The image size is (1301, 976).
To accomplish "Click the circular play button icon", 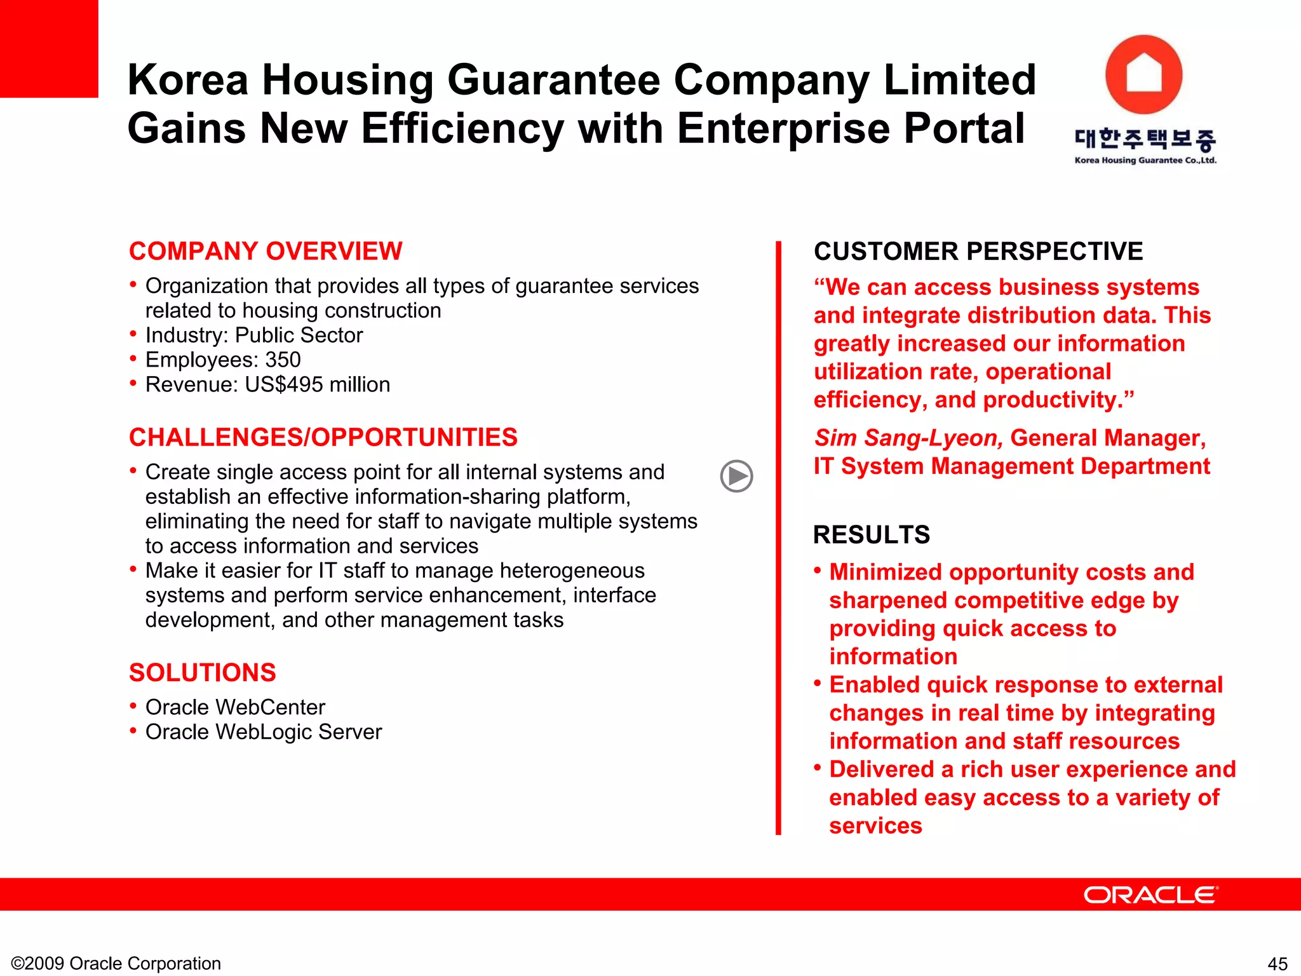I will [x=736, y=476].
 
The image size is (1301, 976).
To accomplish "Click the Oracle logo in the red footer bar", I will [x=1150, y=895].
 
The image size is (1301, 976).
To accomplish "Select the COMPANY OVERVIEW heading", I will [x=266, y=251].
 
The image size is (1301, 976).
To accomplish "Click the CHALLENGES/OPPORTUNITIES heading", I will [x=323, y=437].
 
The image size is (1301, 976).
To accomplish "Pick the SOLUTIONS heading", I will [x=203, y=672].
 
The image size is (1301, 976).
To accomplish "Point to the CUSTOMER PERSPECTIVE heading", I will [x=978, y=251].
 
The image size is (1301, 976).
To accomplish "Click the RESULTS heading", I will [x=872, y=534].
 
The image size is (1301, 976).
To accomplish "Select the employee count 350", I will [x=283, y=360].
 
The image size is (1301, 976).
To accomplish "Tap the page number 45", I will [x=1277, y=963].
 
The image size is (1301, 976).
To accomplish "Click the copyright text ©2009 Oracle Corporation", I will [x=116, y=963].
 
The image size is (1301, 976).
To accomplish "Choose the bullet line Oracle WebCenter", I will [x=235, y=707].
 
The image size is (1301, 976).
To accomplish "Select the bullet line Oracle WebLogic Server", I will [x=264, y=732].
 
